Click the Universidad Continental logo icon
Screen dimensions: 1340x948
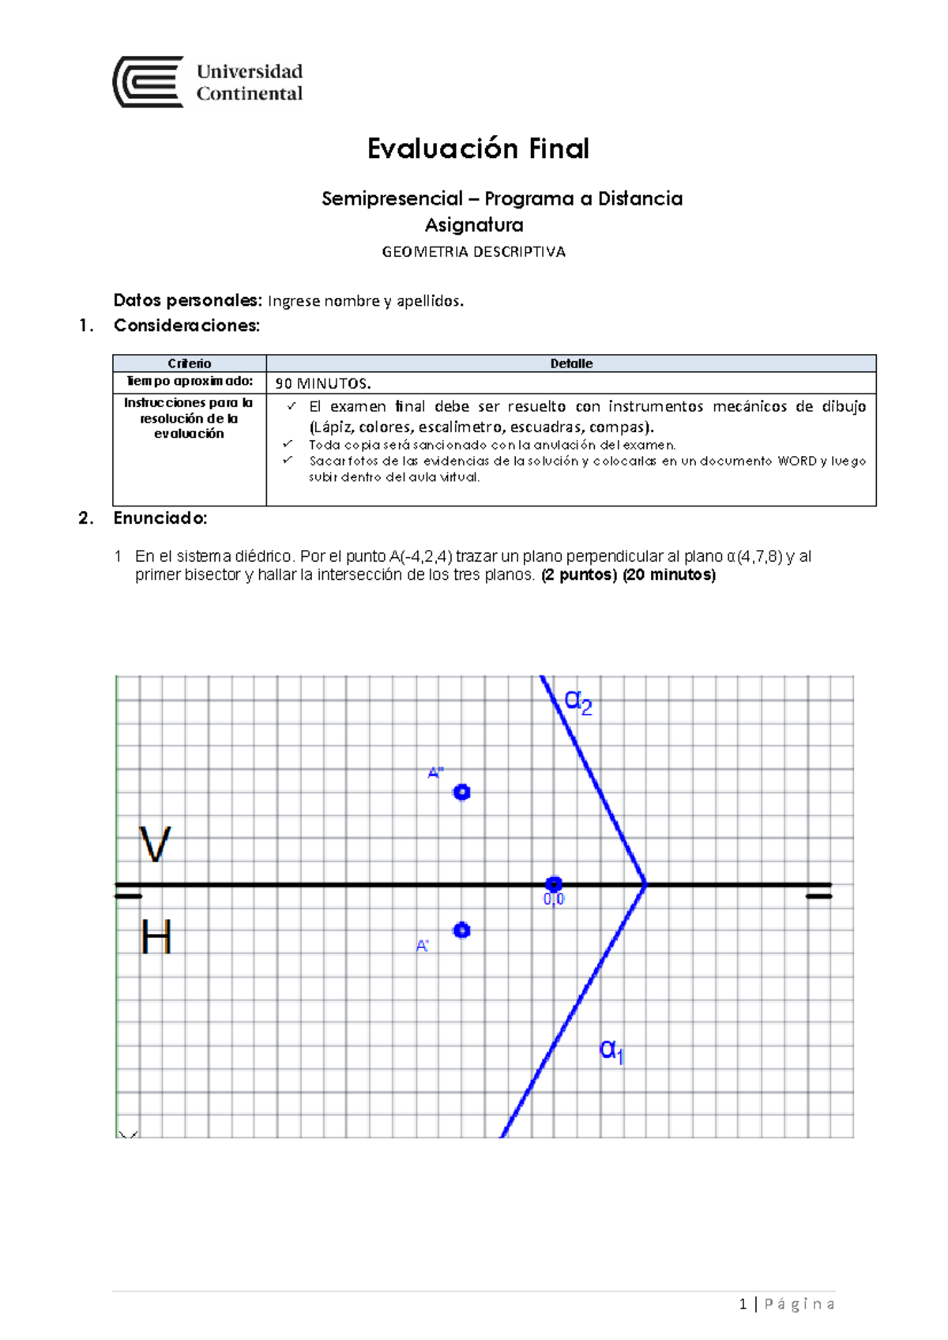point(149,82)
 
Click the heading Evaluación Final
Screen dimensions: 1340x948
point(478,149)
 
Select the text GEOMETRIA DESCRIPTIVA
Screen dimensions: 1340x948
point(473,252)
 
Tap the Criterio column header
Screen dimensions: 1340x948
point(190,363)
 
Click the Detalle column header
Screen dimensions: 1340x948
point(571,363)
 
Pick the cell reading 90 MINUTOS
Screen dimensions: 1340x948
point(322,384)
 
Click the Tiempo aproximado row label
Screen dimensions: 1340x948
point(190,382)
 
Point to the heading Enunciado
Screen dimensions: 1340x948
point(160,518)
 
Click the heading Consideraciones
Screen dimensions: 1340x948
point(186,326)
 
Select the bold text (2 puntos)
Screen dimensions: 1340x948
point(579,575)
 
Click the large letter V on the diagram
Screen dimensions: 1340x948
point(155,845)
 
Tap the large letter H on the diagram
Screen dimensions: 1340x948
point(156,938)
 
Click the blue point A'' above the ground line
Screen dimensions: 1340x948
point(462,792)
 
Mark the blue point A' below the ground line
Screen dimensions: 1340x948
point(462,930)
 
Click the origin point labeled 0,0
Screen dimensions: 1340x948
point(554,884)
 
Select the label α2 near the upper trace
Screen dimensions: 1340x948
point(577,701)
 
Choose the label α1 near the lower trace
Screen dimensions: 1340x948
point(612,1050)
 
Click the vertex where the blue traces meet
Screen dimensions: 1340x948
point(646,884)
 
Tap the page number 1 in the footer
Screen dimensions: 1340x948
point(743,1304)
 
